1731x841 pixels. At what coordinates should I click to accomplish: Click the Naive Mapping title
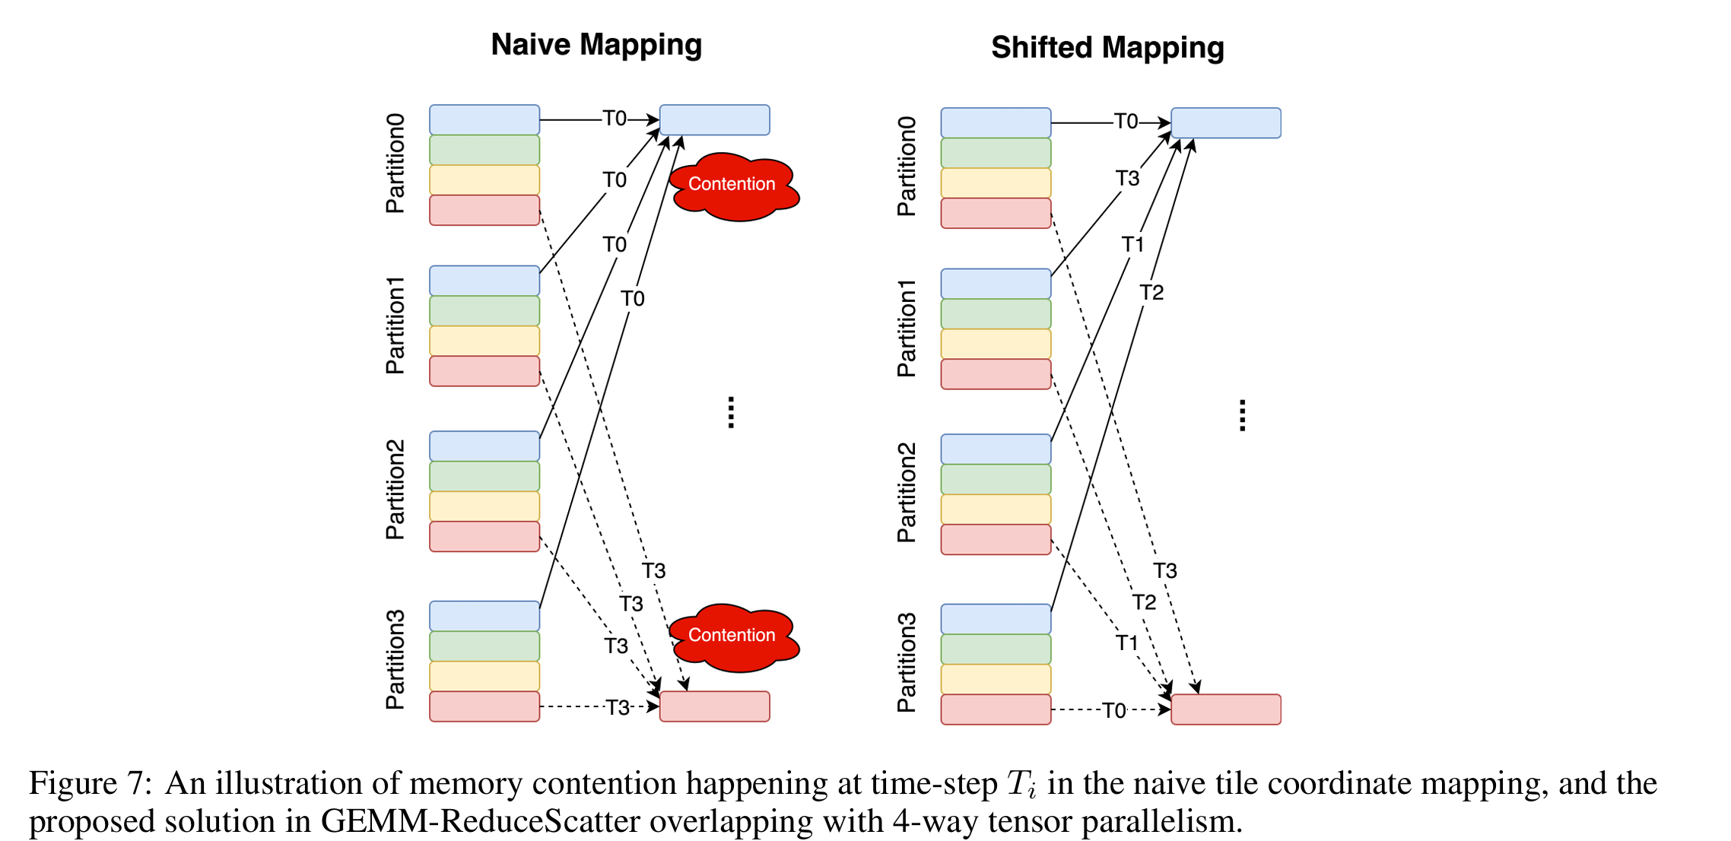point(596,45)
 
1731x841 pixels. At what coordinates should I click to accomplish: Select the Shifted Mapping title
point(1107,48)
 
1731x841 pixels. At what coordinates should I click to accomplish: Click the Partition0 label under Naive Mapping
point(395,163)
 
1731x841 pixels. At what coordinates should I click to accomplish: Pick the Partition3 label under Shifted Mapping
point(906,662)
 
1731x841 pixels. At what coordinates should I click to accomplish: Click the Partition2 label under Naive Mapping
point(395,490)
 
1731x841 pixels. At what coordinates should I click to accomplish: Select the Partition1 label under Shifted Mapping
point(906,328)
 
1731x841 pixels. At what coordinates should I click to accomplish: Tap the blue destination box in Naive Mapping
point(714,120)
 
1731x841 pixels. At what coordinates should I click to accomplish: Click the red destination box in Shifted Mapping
point(1225,709)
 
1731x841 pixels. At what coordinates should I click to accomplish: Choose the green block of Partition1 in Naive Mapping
point(484,311)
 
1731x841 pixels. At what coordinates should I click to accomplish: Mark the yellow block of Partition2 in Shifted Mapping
point(996,509)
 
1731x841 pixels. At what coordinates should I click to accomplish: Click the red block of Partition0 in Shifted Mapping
point(996,213)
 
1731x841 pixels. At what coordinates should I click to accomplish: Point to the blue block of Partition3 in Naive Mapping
point(484,616)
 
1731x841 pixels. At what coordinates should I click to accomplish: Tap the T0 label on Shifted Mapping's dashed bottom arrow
point(1113,710)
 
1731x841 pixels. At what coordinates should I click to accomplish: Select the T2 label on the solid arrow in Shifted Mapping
point(1151,293)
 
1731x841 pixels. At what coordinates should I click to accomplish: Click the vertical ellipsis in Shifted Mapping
point(1242,416)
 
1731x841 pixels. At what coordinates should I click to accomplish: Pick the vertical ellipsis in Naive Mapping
point(731,413)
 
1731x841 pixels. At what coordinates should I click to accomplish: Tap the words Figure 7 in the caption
point(90,783)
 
